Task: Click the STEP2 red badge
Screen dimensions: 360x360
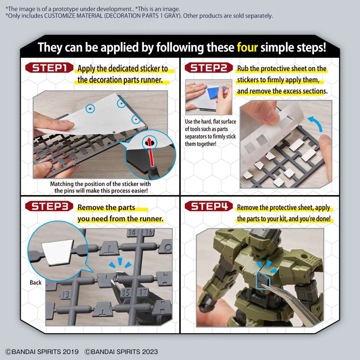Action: [209, 68]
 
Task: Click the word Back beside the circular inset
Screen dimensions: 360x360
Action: [36, 282]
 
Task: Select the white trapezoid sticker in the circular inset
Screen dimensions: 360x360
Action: [57, 250]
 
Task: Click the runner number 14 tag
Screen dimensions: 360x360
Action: [132, 232]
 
